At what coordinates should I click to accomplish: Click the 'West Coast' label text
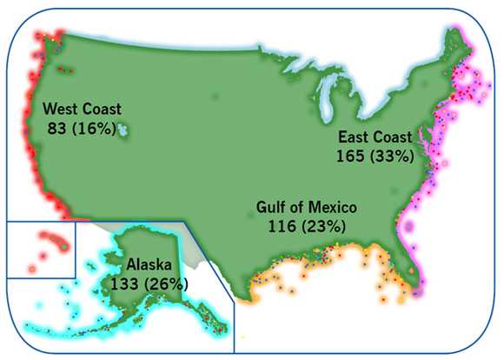pos(82,110)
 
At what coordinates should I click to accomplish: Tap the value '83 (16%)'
pos(82,129)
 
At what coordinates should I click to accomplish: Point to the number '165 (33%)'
pos(375,156)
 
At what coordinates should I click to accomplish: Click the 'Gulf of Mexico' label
pos(307,208)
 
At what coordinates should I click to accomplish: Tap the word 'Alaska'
pos(149,263)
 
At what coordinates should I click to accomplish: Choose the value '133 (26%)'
pos(149,283)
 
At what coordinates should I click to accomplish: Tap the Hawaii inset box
pos(40,250)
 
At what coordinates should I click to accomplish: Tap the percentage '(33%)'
pos(394,156)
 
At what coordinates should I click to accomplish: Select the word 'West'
pos(60,110)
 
